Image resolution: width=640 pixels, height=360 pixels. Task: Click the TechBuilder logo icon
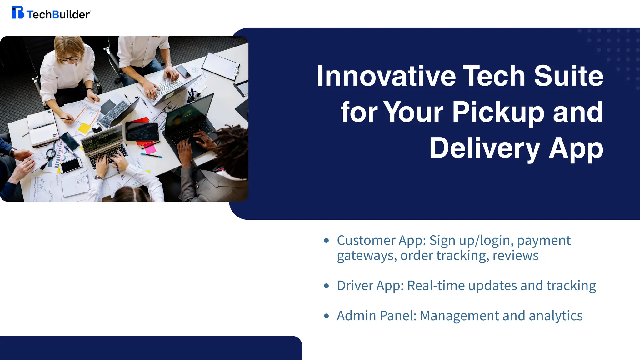[x=17, y=12]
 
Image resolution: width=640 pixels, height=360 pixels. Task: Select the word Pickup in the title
[x=498, y=112]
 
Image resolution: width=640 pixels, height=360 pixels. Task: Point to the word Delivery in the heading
[x=485, y=148]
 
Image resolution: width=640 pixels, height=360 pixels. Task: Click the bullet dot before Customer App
[x=327, y=241]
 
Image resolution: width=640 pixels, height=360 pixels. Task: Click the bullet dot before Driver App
[x=327, y=286]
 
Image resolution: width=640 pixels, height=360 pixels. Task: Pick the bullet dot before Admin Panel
[x=327, y=316]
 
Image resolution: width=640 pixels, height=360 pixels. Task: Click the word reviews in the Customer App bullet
[x=516, y=256]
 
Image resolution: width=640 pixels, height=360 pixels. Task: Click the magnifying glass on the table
[x=51, y=153]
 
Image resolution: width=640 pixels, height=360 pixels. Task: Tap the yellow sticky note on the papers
[x=84, y=128]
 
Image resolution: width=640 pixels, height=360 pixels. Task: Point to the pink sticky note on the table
[x=150, y=148]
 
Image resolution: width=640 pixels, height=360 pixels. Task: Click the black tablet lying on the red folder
[x=142, y=131]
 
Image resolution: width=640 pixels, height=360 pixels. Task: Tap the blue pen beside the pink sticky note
[x=151, y=155]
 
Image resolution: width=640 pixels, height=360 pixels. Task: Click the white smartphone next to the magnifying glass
[x=71, y=165]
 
